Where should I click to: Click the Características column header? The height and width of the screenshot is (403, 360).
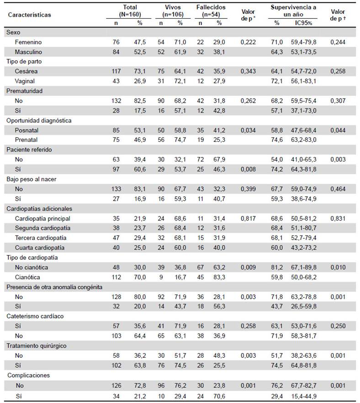[x=29, y=15]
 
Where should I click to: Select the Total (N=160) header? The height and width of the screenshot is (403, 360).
[x=130, y=11]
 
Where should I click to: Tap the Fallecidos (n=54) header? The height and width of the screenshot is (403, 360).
[x=211, y=11]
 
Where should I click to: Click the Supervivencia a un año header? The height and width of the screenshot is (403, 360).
[x=293, y=11]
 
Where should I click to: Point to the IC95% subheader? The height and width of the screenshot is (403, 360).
[x=304, y=23]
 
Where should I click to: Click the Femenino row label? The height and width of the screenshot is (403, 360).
[x=28, y=42]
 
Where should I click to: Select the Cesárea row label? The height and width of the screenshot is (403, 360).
[x=26, y=71]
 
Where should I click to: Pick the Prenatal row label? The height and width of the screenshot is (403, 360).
[x=26, y=140]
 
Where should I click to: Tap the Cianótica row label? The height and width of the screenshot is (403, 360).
[x=27, y=277]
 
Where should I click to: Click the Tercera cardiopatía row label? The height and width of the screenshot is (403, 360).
[x=40, y=238]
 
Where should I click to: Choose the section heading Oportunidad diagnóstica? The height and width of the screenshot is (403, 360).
[x=39, y=120]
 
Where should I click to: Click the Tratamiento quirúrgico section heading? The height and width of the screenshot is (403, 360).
[x=36, y=346]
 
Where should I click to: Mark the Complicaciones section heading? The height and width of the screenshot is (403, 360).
[x=29, y=376]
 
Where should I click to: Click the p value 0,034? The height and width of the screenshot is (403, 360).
[x=248, y=131]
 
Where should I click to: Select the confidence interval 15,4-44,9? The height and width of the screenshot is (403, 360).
[x=304, y=396]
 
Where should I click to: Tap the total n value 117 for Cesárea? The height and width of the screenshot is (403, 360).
[x=116, y=71]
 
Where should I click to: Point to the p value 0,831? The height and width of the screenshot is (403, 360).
[x=338, y=219]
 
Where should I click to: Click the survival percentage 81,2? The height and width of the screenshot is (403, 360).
[x=277, y=267]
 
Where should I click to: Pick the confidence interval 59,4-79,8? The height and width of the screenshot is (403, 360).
[x=304, y=42]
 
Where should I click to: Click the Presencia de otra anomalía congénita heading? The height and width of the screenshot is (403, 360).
[x=54, y=287]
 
